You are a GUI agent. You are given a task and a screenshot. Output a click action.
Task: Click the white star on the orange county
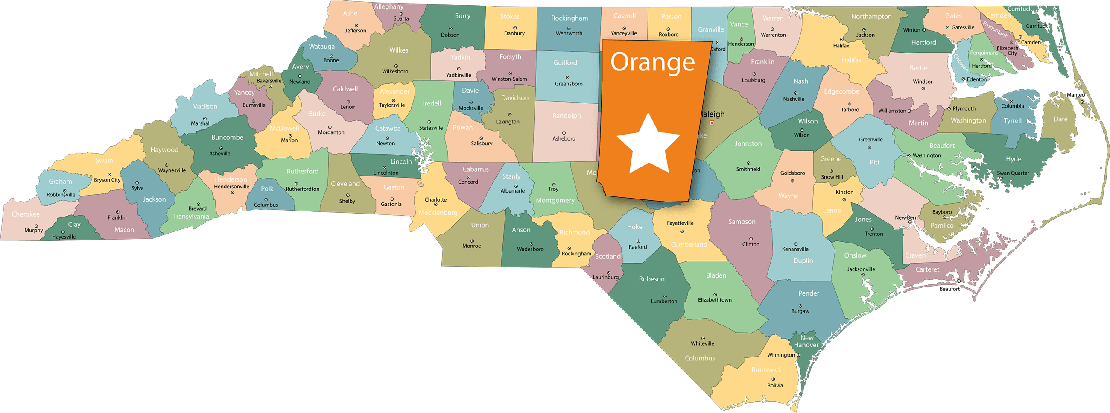(x=648, y=145)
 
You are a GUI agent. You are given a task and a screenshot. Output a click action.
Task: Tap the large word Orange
(x=652, y=62)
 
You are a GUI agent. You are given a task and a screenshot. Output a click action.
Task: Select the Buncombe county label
(x=227, y=137)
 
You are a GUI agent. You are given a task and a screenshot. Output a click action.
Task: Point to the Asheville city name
(x=220, y=153)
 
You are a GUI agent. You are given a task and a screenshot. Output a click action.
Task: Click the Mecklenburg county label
(x=438, y=213)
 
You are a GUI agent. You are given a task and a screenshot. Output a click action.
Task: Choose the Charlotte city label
(x=435, y=199)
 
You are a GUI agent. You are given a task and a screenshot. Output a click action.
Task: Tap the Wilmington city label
(x=781, y=355)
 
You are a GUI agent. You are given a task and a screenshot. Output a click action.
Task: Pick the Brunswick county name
(x=766, y=369)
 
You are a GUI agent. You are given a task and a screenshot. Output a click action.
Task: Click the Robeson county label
(x=651, y=279)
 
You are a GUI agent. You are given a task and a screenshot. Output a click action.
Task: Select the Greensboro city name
(x=568, y=84)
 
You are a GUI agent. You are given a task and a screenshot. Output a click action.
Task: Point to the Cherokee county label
(x=26, y=214)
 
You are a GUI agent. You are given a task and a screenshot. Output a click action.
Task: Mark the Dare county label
(x=1060, y=119)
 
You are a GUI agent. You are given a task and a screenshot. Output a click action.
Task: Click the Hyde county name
(x=1014, y=158)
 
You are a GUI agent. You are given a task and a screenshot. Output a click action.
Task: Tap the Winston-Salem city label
(x=509, y=79)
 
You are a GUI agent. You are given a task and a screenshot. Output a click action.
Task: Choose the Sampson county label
(x=742, y=222)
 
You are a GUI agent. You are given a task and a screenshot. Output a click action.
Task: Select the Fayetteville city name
(x=680, y=223)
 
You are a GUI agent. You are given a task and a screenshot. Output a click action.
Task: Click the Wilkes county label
(x=399, y=50)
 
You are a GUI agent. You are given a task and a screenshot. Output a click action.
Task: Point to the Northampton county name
(x=871, y=16)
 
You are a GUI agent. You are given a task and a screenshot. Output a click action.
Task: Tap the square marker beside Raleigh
(x=712, y=123)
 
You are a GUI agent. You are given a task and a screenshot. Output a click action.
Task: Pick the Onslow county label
(x=855, y=255)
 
